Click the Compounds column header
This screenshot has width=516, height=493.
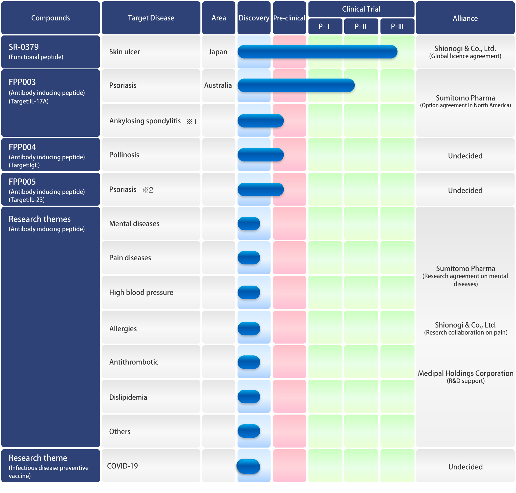(x=51, y=18)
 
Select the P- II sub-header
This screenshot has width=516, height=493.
(x=361, y=26)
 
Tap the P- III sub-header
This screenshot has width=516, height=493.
(x=397, y=26)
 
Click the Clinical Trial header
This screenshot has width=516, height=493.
(x=361, y=9)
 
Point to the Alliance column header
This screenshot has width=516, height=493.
(x=465, y=18)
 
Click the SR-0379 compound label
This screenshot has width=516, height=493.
(x=24, y=47)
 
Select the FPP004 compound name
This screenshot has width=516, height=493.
(x=22, y=147)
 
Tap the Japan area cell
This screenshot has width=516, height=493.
(x=218, y=52)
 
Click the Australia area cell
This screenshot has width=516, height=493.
(x=218, y=85)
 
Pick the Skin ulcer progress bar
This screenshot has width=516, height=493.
(x=317, y=52)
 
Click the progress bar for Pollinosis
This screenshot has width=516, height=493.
(x=261, y=155)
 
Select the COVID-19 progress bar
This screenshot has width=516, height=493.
(x=248, y=466)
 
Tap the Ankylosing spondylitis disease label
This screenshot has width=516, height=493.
(x=145, y=121)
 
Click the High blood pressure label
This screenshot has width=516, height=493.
(x=141, y=292)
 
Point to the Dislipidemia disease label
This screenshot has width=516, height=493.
(x=128, y=397)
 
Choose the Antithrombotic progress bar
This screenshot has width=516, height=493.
(x=249, y=362)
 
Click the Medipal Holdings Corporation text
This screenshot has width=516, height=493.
(x=466, y=373)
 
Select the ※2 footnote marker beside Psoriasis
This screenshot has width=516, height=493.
(x=148, y=190)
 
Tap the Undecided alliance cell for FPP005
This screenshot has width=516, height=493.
(x=465, y=190)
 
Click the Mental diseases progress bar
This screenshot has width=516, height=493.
(x=249, y=224)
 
